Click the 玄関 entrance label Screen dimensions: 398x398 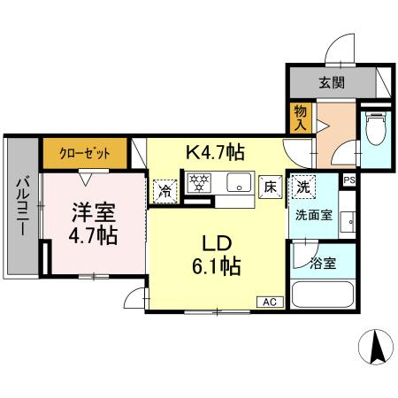(333, 84)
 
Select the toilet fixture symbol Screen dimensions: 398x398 (374, 131)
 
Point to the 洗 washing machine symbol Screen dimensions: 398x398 (302, 187)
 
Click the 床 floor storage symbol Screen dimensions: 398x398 (271, 188)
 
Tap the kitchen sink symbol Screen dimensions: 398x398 (236, 184)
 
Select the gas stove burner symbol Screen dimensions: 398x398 (199, 184)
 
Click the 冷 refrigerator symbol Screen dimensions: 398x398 (165, 188)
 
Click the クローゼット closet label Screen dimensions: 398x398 (85, 153)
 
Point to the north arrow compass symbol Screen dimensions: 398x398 (377, 346)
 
